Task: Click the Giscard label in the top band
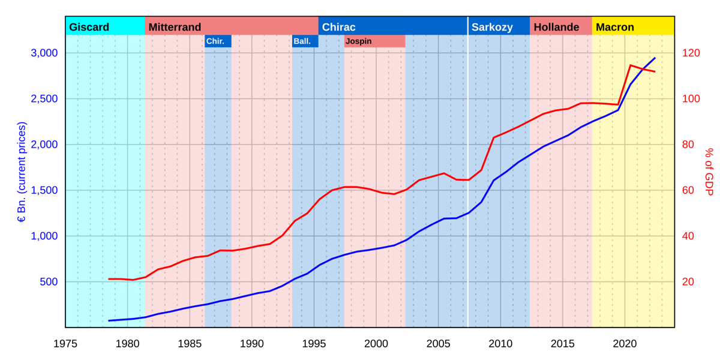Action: point(89,27)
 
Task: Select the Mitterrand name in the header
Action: point(175,27)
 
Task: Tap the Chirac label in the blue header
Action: point(338,27)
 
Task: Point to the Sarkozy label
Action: point(492,27)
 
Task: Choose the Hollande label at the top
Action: point(556,27)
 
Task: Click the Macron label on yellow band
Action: point(615,27)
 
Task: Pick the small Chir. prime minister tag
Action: point(215,41)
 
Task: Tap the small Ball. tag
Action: point(302,41)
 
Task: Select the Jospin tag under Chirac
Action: point(359,41)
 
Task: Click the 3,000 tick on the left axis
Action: point(44,53)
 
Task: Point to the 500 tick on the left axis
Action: point(49,282)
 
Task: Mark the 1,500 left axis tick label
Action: point(44,190)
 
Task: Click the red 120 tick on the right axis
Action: point(691,53)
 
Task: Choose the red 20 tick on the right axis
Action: point(688,282)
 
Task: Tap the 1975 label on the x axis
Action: point(65,344)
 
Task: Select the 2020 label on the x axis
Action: point(625,344)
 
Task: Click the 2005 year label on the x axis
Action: point(438,344)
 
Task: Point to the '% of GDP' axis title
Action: point(709,172)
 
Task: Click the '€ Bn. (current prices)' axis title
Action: point(22,172)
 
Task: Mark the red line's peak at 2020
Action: point(631,65)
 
